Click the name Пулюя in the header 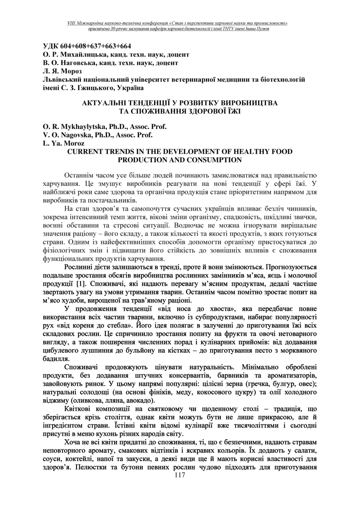coord(263,29)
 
